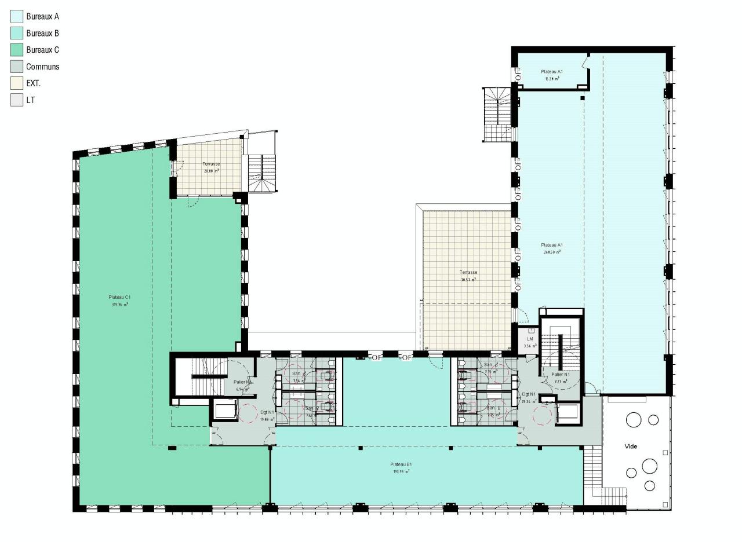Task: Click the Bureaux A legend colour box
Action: pyautogui.click(x=17, y=17)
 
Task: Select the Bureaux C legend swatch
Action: pyautogui.click(x=17, y=50)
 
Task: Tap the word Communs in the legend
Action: pyautogui.click(x=42, y=67)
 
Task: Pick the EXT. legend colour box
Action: pyautogui.click(x=17, y=83)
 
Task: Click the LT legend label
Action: pyautogui.click(x=30, y=100)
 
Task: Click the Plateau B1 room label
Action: pyautogui.click(x=401, y=464)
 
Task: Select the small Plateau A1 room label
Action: pyautogui.click(x=551, y=72)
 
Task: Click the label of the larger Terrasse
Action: pyautogui.click(x=468, y=272)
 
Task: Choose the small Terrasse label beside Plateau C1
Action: pyautogui.click(x=211, y=164)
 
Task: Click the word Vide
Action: pyautogui.click(x=631, y=446)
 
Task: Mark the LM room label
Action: pyautogui.click(x=530, y=339)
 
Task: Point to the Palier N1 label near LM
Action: pyautogui.click(x=561, y=375)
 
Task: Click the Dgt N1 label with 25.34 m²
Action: pyautogui.click(x=529, y=394)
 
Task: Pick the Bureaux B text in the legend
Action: pyautogui.click(x=42, y=34)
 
